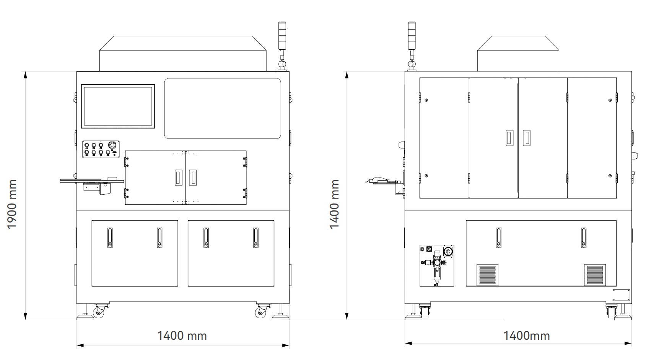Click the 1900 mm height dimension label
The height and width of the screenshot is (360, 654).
pos(12,204)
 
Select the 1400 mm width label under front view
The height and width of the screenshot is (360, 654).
pos(182,336)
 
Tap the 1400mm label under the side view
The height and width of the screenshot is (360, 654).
pos(526,336)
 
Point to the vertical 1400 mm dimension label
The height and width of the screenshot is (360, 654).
pos(334,204)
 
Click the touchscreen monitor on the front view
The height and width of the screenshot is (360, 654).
pos(118,106)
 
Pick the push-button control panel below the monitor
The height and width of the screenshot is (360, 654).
pos(101,149)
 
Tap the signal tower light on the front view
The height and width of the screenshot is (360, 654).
pos(282,46)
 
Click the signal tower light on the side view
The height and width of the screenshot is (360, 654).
pos(412,46)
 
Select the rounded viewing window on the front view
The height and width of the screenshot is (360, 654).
pos(223,108)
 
